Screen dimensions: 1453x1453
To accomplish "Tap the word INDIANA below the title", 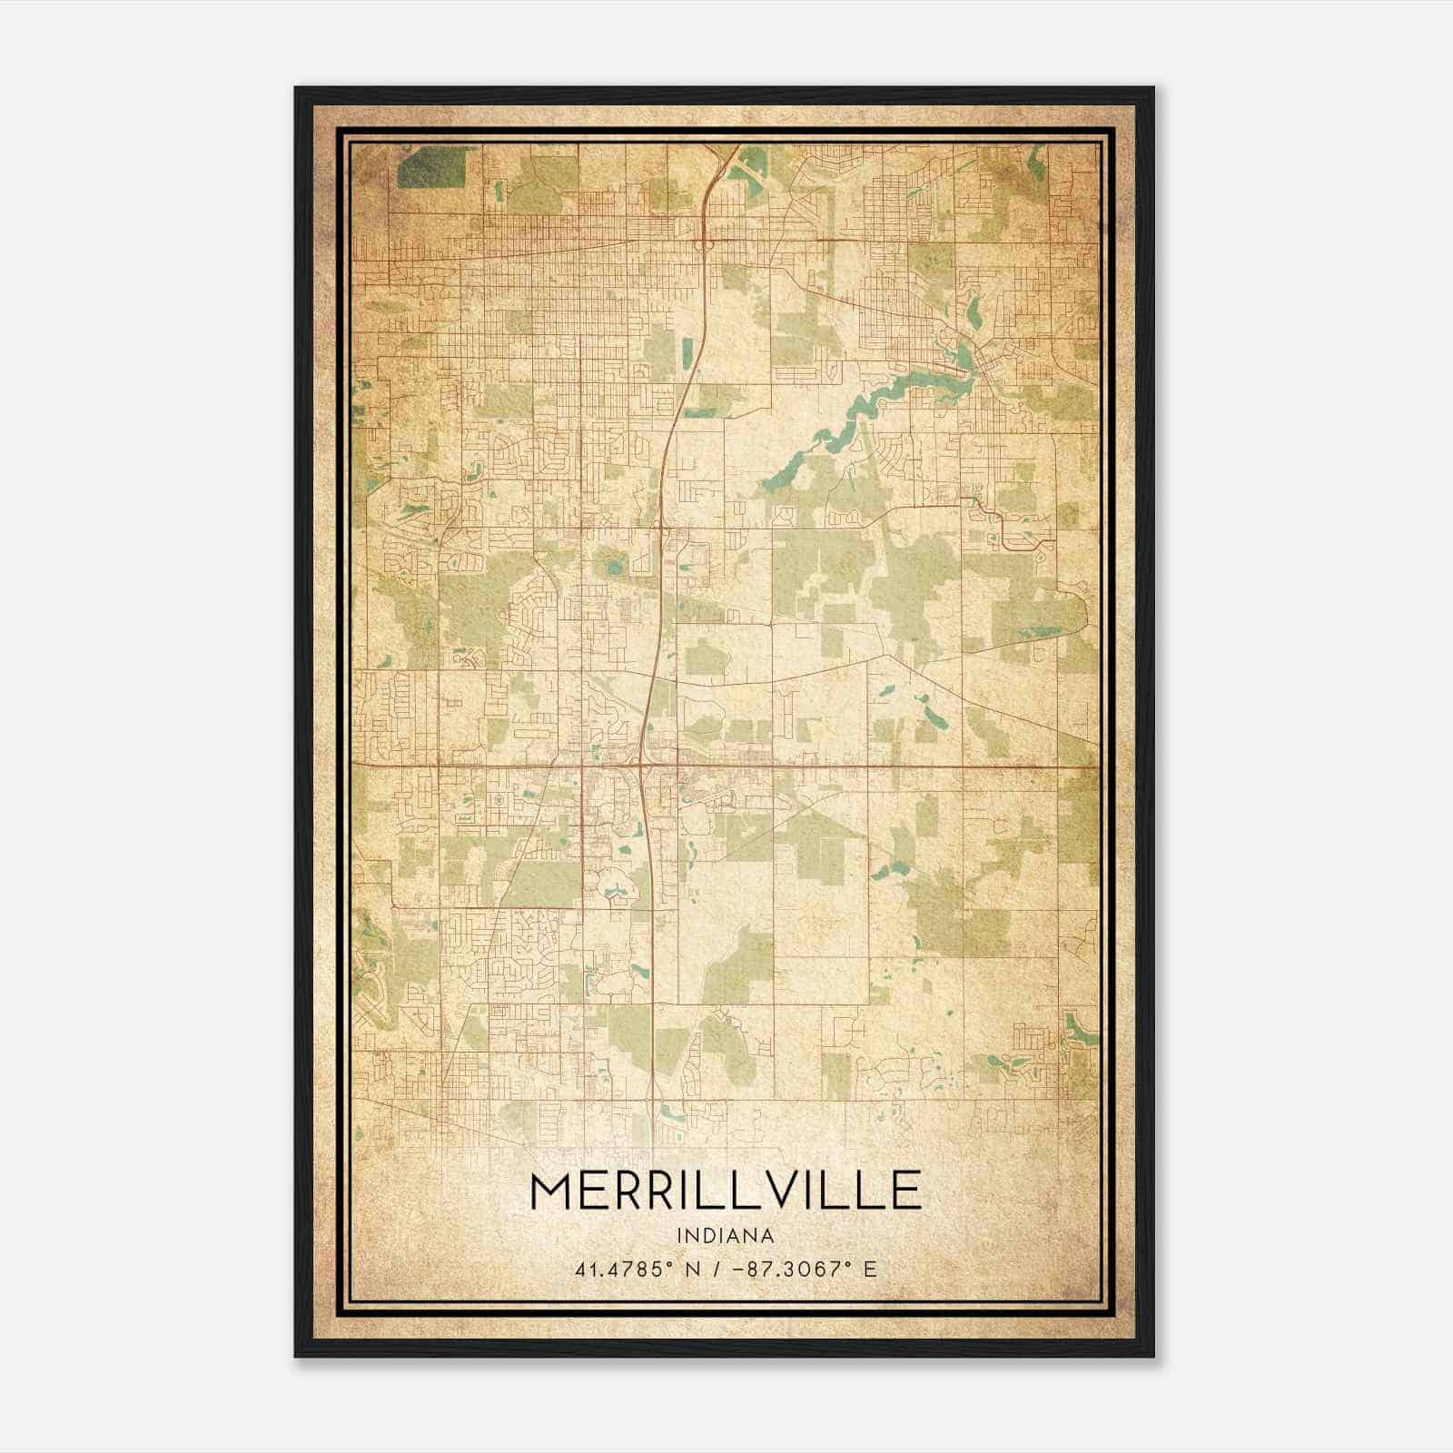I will click(725, 1236).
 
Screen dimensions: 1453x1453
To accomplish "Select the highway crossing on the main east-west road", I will click(643, 766).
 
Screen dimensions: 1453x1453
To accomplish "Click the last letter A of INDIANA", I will click(768, 1236).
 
